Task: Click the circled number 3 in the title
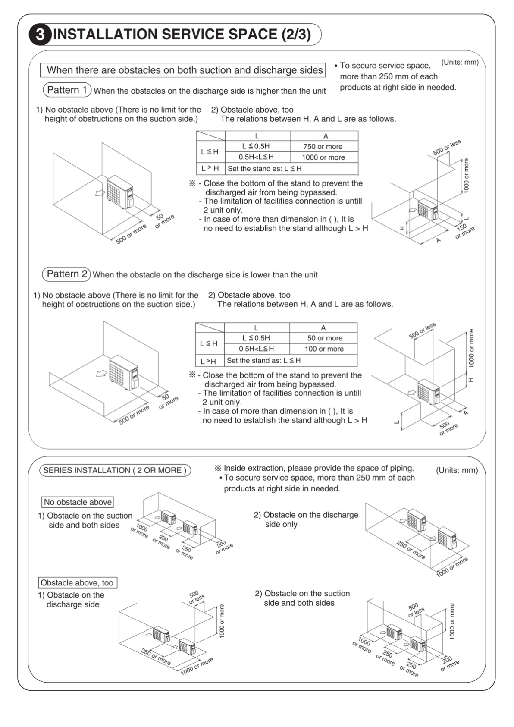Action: click(40, 35)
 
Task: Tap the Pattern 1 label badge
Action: click(67, 90)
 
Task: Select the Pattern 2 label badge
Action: click(66, 274)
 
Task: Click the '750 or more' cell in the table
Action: click(323, 147)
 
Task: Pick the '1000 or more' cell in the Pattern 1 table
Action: click(323, 157)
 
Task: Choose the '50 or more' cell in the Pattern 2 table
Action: click(324, 338)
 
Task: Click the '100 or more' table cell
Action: click(324, 349)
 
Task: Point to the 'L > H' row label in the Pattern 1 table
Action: click(210, 168)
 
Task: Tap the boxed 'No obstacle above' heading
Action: click(78, 502)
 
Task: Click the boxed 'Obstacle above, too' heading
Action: click(78, 583)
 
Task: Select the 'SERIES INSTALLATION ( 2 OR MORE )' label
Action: click(115, 470)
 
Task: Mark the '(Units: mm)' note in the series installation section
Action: click(457, 470)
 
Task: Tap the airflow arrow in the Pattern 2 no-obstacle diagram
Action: click(101, 373)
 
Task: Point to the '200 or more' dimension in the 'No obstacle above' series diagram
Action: click(223, 547)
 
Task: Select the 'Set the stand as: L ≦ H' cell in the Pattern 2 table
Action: click(263, 361)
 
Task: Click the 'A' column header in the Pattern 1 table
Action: click(325, 136)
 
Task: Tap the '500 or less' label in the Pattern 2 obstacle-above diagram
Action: click(422, 330)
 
